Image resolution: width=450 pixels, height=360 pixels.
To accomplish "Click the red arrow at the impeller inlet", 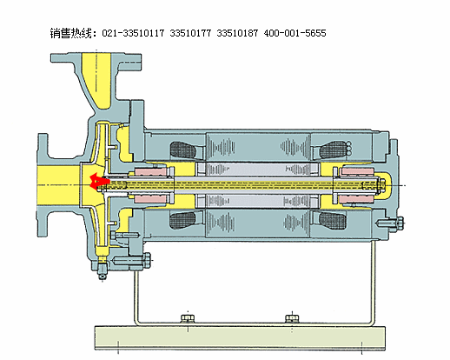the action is pyautogui.click(x=98, y=182).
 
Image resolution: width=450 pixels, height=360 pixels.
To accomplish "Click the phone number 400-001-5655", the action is pyautogui.click(x=294, y=33).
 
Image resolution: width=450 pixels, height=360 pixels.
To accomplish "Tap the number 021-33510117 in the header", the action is pyautogui.click(x=133, y=33).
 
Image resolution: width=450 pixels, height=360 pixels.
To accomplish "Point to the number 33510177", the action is pyautogui.click(x=190, y=33).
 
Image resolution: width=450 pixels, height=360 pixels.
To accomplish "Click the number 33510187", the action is pyautogui.click(x=237, y=33).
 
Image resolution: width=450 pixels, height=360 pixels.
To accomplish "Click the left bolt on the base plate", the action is pyautogui.click(x=188, y=318).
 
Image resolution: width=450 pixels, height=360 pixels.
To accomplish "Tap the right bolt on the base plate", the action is pyautogui.click(x=292, y=318).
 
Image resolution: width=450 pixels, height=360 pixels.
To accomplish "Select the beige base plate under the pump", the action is pyautogui.click(x=240, y=338).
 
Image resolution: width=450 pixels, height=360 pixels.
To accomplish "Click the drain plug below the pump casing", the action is pyautogui.click(x=102, y=270).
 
